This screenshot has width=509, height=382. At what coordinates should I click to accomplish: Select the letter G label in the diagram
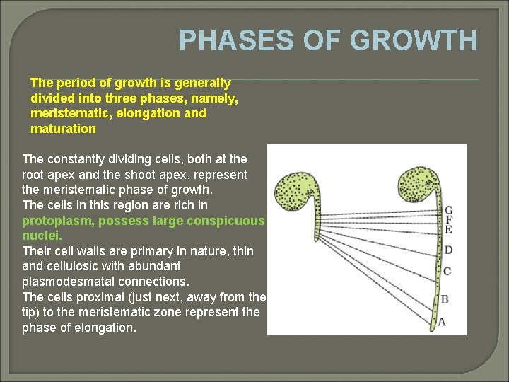click(448, 210)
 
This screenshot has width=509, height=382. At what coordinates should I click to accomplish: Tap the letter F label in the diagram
click(448, 220)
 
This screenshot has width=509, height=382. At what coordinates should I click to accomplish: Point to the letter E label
click(448, 230)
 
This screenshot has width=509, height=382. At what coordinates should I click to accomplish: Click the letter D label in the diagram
click(448, 250)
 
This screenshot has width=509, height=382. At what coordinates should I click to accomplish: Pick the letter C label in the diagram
click(447, 271)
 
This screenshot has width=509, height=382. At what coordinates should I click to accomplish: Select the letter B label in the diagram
click(445, 299)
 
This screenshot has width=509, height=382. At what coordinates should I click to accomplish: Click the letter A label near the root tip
click(442, 322)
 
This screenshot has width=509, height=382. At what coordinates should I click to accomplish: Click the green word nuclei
click(42, 236)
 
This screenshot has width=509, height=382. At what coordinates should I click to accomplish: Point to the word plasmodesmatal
click(64, 282)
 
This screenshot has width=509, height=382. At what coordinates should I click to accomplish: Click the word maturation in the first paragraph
click(63, 129)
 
